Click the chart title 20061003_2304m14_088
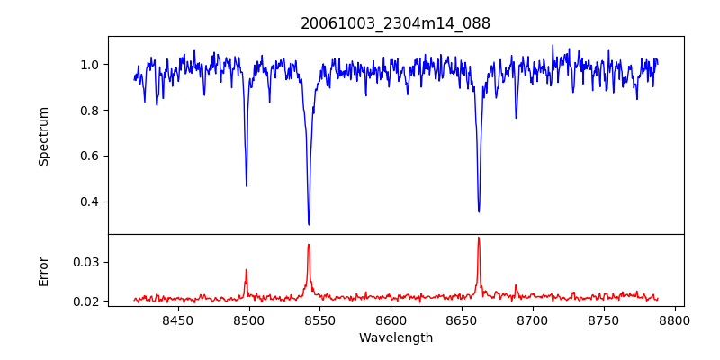[x=395, y=23]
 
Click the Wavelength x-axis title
[x=395, y=338]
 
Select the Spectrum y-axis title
[x=43, y=136]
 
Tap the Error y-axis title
[x=43, y=270]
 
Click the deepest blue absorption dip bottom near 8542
[x=309, y=224]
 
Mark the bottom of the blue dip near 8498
[x=247, y=185]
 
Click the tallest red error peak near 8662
[x=479, y=238]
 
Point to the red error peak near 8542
[x=309, y=245]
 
